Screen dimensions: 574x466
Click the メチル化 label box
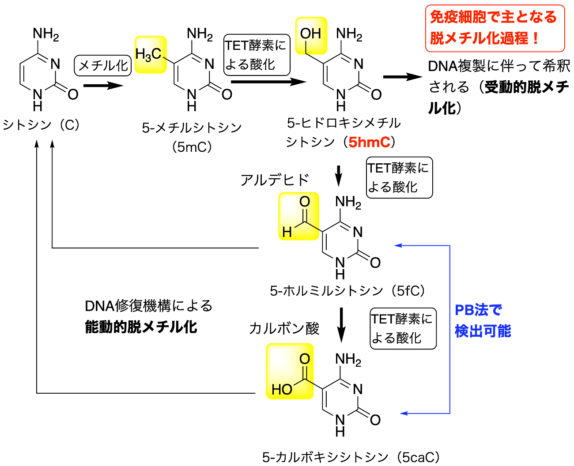[103, 65]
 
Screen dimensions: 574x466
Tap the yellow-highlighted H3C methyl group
[151, 54]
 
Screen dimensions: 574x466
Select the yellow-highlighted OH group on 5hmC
[311, 36]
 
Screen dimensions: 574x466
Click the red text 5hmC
[369, 142]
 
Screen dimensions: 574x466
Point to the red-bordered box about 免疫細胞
[495, 28]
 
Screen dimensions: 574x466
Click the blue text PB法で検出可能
[483, 320]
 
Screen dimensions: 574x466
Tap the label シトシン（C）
[41, 125]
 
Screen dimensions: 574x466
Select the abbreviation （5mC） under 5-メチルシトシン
[192, 147]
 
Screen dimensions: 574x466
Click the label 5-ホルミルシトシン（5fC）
[347, 291]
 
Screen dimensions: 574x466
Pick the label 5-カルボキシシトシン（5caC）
[351, 457]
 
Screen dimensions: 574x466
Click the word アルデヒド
[275, 180]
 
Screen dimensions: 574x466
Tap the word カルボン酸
[284, 328]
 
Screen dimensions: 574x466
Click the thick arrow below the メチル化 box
[103, 86]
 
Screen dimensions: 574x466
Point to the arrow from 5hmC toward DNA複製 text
[403, 77]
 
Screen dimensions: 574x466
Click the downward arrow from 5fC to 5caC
[341, 325]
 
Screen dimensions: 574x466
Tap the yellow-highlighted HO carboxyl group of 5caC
[282, 389]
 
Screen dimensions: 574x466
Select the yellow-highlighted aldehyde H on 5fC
[287, 232]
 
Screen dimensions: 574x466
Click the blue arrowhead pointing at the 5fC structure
[398, 245]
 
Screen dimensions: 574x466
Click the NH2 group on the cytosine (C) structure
[46, 34]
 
